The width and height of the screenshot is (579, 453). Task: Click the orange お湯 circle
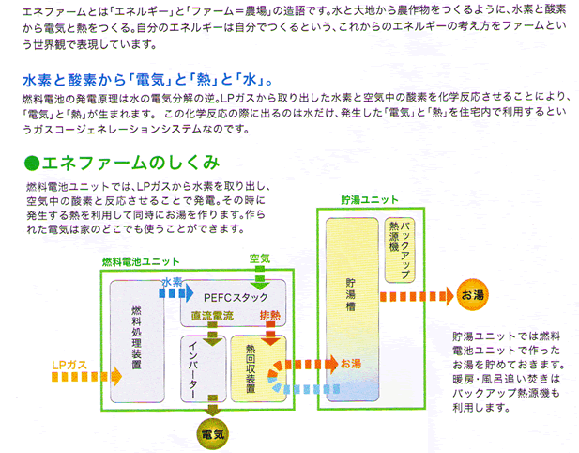point(472,295)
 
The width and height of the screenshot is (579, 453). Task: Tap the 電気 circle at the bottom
point(212,434)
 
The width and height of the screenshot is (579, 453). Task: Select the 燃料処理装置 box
point(137,341)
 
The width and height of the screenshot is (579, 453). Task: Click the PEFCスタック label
point(236,297)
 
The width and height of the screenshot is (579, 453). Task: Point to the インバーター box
point(203,368)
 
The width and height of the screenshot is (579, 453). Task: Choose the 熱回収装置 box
point(258,368)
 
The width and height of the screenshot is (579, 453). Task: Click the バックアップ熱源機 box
point(400,250)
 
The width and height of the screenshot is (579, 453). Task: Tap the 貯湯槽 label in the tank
point(351,295)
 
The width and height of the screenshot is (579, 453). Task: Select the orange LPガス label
point(69,365)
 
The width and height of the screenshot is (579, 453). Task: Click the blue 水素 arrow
point(176,293)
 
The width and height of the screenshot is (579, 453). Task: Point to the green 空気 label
point(260,258)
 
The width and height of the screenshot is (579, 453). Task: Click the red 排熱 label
point(270,315)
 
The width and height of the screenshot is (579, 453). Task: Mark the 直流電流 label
point(212,316)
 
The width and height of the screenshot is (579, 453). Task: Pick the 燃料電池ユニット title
point(141,262)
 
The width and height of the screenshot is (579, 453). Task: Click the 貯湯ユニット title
point(369,200)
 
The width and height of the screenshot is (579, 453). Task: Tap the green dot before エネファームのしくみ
point(32,164)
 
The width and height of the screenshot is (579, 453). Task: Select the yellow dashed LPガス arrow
point(86,377)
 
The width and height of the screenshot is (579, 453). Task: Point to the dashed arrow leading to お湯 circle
point(417,296)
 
